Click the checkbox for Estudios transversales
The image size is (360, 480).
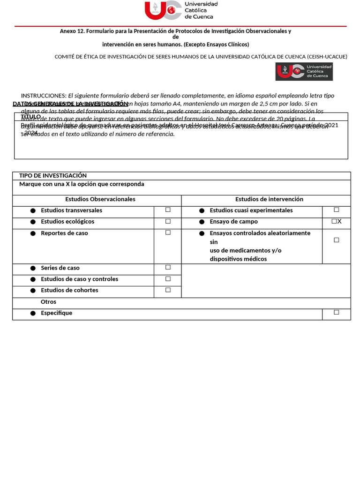click(x=168, y=210)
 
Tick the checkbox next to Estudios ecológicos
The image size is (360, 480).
click(x=168, y=221)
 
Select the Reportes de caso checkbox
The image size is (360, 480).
click(x=168, y=232)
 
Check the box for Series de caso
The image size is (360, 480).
click(x=168, y=267)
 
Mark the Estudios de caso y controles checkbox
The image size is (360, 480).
click(x=168, y=278)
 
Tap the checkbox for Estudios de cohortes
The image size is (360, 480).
click(x=168, y=290)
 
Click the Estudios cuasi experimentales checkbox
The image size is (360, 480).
click(x=336, y=210)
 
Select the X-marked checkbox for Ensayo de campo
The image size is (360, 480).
click(x=335, y=221)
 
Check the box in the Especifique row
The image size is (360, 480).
click(x=336, y=312)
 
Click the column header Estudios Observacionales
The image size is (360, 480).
click(x=100, y=199)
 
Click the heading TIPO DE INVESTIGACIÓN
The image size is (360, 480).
click(x=53, y=175)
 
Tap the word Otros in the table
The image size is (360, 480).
click(x=48, y=302)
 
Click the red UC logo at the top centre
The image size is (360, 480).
click(x=162, y=10)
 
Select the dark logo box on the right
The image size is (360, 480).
click(x=304, y=72)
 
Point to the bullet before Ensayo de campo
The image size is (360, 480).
click(x=202, y=222)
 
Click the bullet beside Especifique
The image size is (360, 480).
click(x=33, y=313)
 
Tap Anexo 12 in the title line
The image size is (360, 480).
click(x=72, y=31)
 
